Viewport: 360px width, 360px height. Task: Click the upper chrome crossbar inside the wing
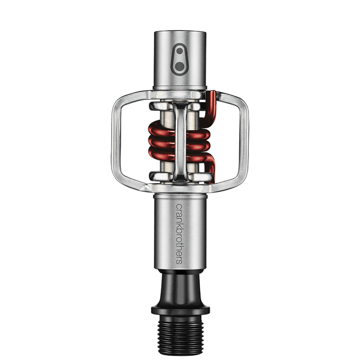(x=180, y=107)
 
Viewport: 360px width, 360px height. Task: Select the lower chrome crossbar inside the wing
(x=180, y=175)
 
